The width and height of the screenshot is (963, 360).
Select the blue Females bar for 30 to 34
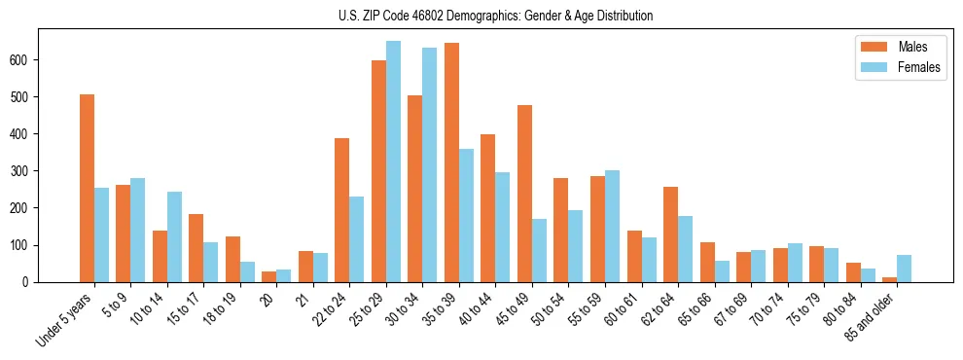pos(430,164)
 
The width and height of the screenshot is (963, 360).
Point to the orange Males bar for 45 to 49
pos(524,194)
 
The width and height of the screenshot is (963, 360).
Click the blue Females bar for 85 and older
pos(904,269)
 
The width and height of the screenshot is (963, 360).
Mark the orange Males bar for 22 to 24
pos(342,210)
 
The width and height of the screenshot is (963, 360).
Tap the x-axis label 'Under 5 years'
pos(65,319)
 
